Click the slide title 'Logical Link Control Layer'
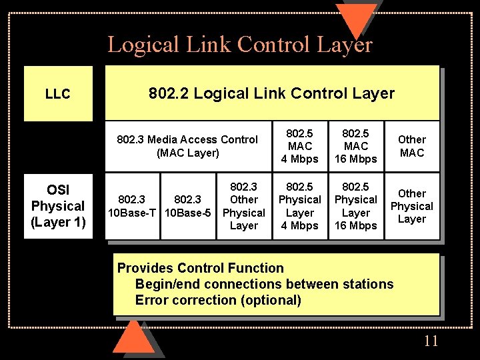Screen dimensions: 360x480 pos(240,44)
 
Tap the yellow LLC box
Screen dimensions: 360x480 pos(58,94)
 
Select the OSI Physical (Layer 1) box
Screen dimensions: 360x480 pos(58,206)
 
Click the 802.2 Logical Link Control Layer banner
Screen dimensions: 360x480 pos(271,94)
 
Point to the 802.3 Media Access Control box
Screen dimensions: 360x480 pos(187,146)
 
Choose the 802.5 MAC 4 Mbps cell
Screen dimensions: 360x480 pos(300,146)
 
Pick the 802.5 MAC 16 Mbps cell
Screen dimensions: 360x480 pos(356,146)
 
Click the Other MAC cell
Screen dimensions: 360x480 pos(411,146)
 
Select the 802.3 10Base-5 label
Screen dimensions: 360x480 pos(188,206)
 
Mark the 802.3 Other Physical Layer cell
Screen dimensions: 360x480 pos(243,206)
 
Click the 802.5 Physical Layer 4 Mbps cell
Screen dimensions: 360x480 pos(300,206)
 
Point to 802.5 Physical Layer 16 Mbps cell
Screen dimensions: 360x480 pos(356,206)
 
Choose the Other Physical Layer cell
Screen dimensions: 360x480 pos(411,206)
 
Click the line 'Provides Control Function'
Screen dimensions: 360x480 pos(201,268)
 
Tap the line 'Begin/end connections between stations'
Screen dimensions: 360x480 pos(264,284)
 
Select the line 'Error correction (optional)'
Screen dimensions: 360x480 pos(218,300)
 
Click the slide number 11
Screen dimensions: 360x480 pos(431,341)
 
